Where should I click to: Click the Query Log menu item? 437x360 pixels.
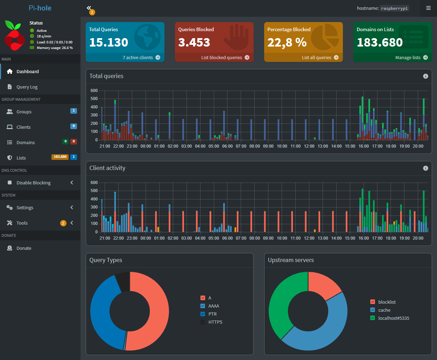click(27, 87)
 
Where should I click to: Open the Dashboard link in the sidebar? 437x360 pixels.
click(28, 72)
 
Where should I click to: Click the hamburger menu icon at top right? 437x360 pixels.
click(428, 8)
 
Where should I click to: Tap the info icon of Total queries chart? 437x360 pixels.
click(425, 76)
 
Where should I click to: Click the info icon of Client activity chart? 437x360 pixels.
click(425, 168)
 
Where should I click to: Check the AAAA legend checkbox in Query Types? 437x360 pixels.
click(203, 306)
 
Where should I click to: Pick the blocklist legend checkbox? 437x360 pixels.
click(373, 302)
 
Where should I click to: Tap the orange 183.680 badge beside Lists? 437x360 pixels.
click(60, 157)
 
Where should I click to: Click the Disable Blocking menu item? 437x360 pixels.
click(34, 183)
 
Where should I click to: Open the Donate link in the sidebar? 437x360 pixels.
click(24, 248)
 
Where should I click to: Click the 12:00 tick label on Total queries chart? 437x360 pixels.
click(309, 146)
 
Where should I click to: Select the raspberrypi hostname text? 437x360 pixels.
click(394, 8)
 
